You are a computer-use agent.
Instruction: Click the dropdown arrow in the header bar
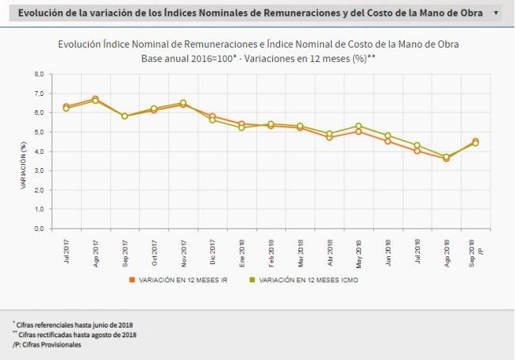coord(496,13)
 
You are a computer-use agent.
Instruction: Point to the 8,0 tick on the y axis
coord(37,74)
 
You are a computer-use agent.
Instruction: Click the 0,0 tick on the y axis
coord(37,228)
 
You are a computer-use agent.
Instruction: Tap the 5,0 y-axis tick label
coord(37,132)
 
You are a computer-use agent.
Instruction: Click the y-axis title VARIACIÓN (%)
coord(25,166)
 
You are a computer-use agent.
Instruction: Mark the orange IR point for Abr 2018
coord(329,137)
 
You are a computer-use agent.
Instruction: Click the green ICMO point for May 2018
coord(359,126)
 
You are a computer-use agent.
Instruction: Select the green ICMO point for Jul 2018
coord(417,145)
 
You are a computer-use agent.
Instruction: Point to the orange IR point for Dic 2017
coord(213,116)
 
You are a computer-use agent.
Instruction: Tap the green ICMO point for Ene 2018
coord(242,128)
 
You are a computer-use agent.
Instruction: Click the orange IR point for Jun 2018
coord(388,141)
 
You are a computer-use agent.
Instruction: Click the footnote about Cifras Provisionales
coord(47,345)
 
